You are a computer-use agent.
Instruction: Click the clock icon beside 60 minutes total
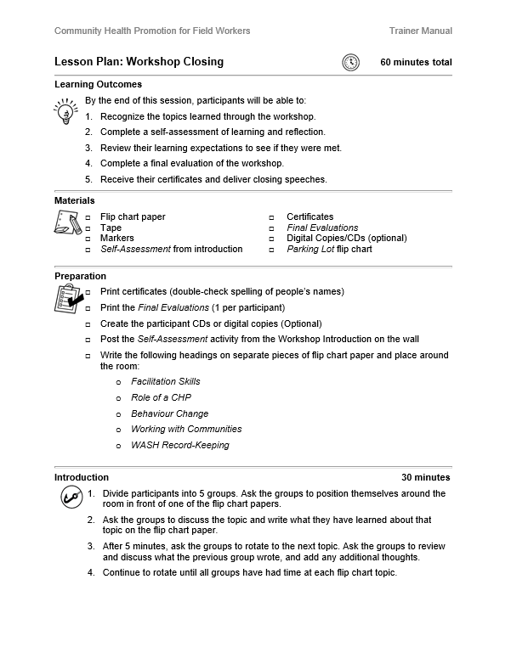click(x=350, y=62)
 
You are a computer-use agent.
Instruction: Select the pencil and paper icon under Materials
click(x=67, y=223)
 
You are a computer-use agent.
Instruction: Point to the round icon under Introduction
click(x=70, y=498)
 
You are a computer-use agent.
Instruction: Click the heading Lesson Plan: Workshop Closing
click(x=139, y=62)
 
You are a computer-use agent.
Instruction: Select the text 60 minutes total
click(x=416, y=62)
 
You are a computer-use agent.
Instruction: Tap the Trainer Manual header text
click(x=420, y=31)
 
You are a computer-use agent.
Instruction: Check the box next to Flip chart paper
click(x=88, y=217)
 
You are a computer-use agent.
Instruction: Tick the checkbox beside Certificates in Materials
click(x=272, y=217)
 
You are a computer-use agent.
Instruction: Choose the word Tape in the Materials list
click(x=111, y=228)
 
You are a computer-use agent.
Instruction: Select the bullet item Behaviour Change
click(x=169, y=413)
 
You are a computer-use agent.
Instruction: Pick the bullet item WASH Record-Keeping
click(x=179, y=445)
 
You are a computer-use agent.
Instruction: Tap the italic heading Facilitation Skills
click(x=165, y=382)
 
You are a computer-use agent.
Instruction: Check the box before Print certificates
click(x=88, y=292)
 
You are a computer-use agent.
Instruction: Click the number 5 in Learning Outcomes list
click(x=88, y=179)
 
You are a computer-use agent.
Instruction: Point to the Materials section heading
click(x=75, y=200)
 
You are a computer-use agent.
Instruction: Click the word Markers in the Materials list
click(x=117, y=239)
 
